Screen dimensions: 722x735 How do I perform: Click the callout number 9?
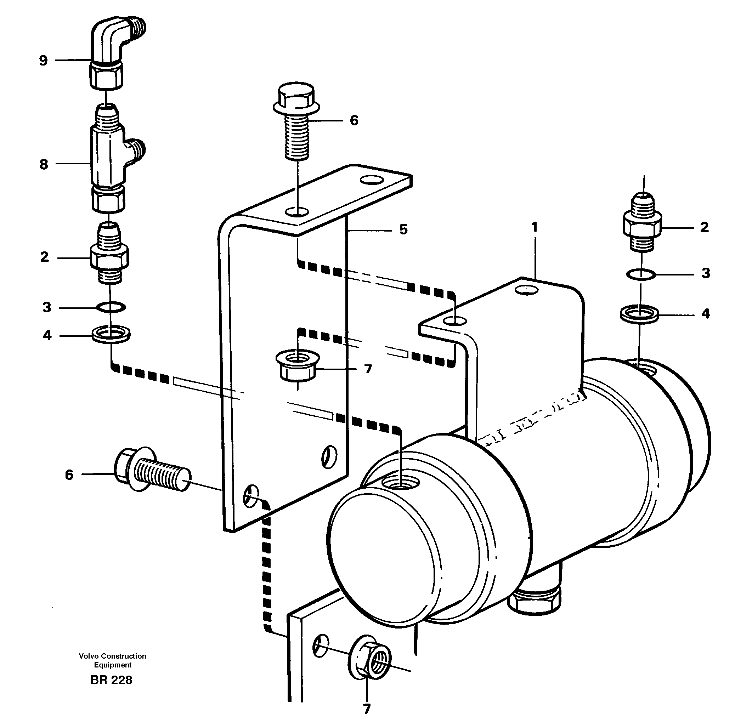tap(43, 61)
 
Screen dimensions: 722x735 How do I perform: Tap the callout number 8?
tap(44, 165)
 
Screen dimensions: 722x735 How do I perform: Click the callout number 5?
tap(403, 229)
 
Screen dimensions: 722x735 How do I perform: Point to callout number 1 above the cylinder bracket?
tap(535, 228)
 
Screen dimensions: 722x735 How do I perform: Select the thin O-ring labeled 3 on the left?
tap(111, 307)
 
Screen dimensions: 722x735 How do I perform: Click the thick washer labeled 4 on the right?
tap(639, 314)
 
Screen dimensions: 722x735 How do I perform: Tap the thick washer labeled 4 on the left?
tap(111, 335)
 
